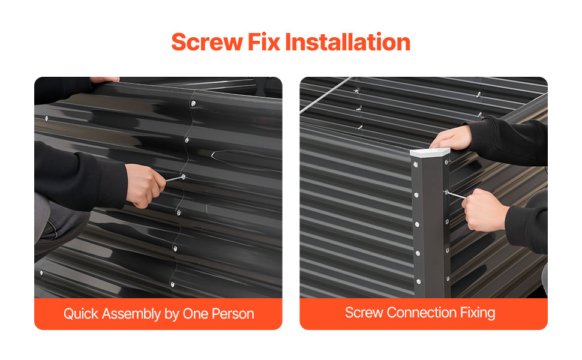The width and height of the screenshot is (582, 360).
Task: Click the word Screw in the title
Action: (207, 42)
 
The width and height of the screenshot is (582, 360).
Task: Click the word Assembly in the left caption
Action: (131, 314)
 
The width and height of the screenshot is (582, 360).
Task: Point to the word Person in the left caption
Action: (233, 314)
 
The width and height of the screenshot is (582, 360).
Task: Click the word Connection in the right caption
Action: (421, 313)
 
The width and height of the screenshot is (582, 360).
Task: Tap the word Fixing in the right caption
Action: (478, 313)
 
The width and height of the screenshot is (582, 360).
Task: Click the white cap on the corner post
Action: (430, 152)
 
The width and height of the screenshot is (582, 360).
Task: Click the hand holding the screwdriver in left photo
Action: (145, 185)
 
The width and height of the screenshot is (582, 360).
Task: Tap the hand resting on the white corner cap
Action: (451, 137)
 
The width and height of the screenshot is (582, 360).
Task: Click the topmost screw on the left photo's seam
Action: (193, 104)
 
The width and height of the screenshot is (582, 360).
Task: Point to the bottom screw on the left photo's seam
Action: (172, 284)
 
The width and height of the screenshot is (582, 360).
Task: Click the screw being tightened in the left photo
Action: (183, 176)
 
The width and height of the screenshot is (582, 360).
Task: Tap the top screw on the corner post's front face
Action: (416, 164)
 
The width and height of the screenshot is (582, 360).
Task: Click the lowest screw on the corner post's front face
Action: (419, 281)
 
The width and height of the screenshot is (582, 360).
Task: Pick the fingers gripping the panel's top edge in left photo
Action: (104, 79)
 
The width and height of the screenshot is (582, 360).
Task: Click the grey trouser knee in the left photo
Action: (59, 223)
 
